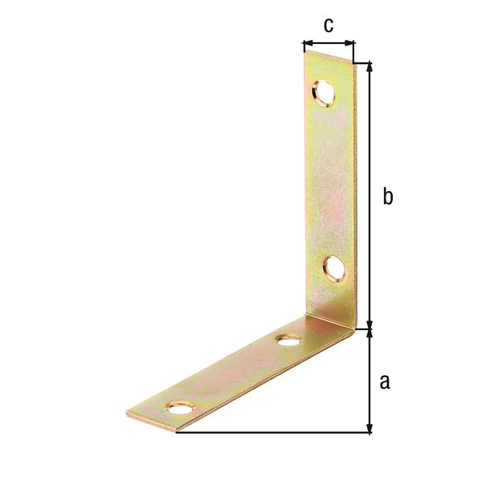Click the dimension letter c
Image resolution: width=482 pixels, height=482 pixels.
tap(329, 25)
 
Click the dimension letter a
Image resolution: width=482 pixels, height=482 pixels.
tap(385, 382)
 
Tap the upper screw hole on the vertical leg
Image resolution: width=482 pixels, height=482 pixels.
tap(323, 93)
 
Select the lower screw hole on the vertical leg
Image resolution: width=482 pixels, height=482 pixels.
tap(334, 270)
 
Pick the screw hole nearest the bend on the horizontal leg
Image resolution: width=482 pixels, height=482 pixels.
tap(288, 341)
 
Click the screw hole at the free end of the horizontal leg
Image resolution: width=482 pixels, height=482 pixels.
tap(182, 407)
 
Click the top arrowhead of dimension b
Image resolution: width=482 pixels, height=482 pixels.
tap(370, 67)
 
